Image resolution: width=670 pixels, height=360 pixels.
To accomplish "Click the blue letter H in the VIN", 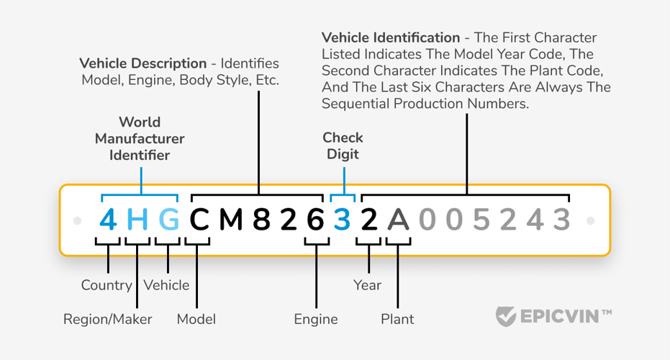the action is (x=137, y=220).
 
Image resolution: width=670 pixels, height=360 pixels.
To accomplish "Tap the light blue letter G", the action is (x=168, y=220).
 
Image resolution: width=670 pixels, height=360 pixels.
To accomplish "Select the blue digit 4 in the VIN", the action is (x=108, y=220).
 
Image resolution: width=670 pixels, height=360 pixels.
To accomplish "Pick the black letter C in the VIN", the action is (x=199, y=220).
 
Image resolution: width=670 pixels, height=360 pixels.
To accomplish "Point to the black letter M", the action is (x=231, y=220).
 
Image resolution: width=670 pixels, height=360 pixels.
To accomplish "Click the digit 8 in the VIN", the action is (x=261, y=220).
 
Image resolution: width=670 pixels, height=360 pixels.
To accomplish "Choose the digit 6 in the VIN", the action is (x=316, y=220).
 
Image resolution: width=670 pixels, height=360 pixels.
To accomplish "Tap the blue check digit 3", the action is (x=342, y=220).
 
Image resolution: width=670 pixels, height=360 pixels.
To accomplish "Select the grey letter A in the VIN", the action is (x=398, y=220).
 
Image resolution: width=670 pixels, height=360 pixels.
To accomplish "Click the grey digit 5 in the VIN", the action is (x=481, y=220).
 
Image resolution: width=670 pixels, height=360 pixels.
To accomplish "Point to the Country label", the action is (x=107, y=285).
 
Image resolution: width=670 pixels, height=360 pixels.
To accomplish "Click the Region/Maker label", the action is (x=108, y=320).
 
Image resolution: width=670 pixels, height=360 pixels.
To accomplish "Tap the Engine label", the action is (x=316, y=320).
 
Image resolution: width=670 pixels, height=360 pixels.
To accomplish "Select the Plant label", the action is (x=397, y=320).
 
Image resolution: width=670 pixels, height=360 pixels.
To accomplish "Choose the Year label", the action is (x=367, y=285).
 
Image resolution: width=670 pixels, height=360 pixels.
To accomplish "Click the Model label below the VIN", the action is (x=196, y=320).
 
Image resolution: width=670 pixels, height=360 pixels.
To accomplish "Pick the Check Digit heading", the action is (x=343, y=145).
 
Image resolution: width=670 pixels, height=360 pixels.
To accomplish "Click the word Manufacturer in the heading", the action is (x=140, y=138).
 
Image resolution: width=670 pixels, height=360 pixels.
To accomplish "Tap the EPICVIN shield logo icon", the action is (x=506, y=316).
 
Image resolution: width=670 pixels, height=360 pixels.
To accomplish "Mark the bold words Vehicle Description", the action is (x=142, y=63).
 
